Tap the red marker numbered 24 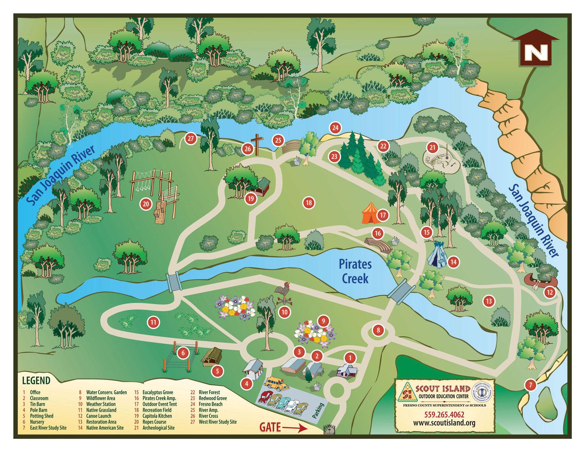(335, 128)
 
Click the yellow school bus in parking (276, 383)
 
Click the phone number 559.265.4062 (444, 415)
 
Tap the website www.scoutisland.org (444, 423)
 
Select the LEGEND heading (36, 380)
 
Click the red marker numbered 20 (146, 204)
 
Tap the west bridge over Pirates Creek (174, 282)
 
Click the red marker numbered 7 (530, 385)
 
